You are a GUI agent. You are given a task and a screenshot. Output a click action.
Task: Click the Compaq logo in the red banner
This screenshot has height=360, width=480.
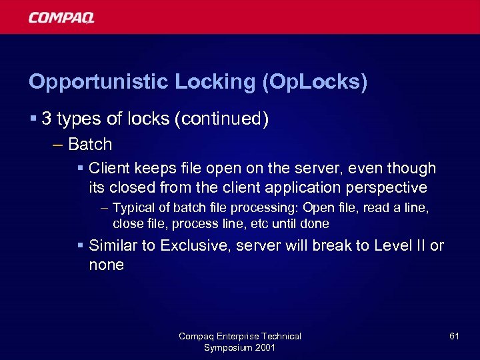61,17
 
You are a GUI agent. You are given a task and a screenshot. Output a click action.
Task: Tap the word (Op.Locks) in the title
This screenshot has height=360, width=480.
315,82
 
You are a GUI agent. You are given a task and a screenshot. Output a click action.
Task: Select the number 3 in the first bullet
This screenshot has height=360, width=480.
46,119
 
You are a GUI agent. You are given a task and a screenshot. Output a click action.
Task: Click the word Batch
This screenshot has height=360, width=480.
90,144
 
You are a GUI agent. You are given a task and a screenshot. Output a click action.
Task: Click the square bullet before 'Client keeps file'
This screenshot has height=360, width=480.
80,168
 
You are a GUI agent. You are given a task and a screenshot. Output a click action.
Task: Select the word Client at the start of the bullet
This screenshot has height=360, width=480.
109,168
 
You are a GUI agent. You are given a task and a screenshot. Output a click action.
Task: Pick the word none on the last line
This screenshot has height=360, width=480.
107,265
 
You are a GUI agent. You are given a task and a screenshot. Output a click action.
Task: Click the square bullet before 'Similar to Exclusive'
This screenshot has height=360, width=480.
80,245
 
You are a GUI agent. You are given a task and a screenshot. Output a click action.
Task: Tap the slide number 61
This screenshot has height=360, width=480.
454,336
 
